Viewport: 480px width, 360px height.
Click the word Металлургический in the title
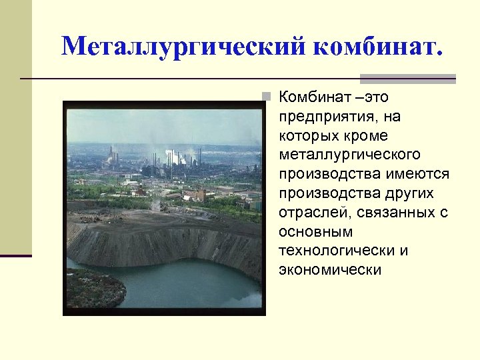pyautogui.click(x=183, y=47)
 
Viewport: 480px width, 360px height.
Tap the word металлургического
pyautogui.click(x=350, y=155)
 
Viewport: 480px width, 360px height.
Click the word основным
pyautogui.click(x=316, y=232)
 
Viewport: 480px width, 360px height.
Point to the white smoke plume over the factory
pyautogui.click(x=175, y=157)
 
